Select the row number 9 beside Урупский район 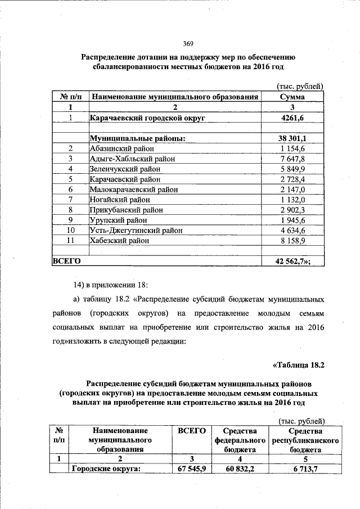point(71,219)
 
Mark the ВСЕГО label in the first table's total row point(66,261)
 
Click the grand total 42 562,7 point(293,261)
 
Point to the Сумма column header point(292,97)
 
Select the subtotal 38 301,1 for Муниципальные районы point(292,138)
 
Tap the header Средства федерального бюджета point(240,439)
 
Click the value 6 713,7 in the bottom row point(305,469)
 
